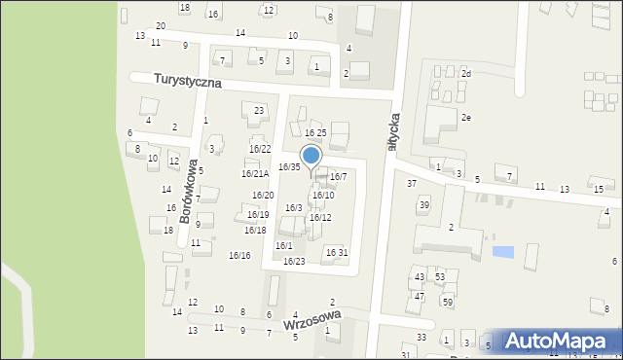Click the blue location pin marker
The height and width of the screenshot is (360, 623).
pyautogui.click(x=311, y=156)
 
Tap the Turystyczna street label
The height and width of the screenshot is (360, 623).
pyautogui.click(x=176, y=81)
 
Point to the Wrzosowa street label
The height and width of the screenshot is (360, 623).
pyautogui.click(x=311, y=322)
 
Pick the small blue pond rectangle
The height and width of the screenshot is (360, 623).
pyautogui.click(x=502, y=252)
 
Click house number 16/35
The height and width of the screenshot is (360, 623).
pyautogui.click(x=289, y=167)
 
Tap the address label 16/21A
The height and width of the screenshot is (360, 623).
pyautogui.click(x=255, y=174)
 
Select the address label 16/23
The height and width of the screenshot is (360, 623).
pyautogui.click(x=294, y=262)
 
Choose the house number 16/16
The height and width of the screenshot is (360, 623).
pyautogui.click(x=239, y=256)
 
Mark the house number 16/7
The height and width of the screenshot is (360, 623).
pyautogui.click(x=338, y=177)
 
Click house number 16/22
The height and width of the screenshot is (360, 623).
pyautogui.click(x=260, y=149)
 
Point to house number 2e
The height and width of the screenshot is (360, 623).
pyautogui.click(x=466, y=118)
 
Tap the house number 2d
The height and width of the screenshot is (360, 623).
pyautogui.click(x=466, y=74)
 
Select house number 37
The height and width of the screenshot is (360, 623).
pyautogui.click(x=412, y=184)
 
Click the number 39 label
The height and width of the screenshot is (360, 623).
pyautogui.click(x=423, y=205)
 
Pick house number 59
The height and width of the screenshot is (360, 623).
pyautogui.click(x=448, y=303)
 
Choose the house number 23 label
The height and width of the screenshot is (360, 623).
pyautogui.click(x=259, y=111)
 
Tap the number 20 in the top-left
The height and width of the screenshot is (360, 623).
pyautogui.click(x=161, y=25)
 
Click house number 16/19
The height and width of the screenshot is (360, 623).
pyautogui.click(x=258, y=215)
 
